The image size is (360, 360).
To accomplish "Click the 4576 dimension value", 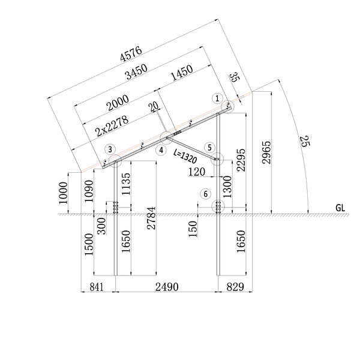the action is point(131,54).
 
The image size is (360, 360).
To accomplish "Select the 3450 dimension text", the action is point(136,71).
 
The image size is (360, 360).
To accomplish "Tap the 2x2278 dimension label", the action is point(112,126).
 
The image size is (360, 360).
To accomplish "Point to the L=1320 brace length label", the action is point(185,157).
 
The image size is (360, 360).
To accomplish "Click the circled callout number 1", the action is point(217,98).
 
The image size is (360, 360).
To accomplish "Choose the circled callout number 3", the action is point(110,149).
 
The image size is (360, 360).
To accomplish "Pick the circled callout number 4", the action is point(161,150).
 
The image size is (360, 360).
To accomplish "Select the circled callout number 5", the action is point(209,148).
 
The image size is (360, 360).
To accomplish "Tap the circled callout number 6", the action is point(205,194).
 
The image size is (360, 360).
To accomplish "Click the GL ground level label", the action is point(340,208).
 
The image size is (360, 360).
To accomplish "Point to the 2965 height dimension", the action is point(266,152).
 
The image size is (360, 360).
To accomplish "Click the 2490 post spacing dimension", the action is point(167,287).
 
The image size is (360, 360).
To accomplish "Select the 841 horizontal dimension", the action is point(97,287).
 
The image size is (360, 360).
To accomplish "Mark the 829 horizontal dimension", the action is point(235,287).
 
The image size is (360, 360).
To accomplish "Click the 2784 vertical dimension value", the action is point(151,218).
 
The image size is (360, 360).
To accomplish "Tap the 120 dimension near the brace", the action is point(197,172).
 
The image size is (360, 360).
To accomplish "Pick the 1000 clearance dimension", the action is point(64,193).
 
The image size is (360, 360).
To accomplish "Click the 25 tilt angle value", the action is point(305,141).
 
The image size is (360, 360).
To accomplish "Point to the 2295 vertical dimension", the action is point(241,160).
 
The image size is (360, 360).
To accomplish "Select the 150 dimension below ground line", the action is point(193,229).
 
